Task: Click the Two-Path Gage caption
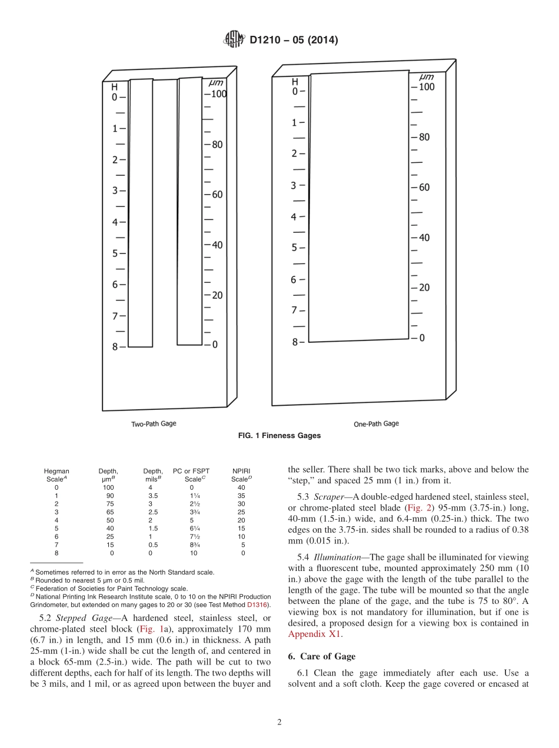(x=154, y=423)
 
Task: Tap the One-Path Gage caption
(x=376, y=423)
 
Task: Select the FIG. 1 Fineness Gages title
(x=279, y=436)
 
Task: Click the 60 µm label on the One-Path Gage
(x=424, y=188)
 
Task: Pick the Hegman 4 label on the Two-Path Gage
(x=115, y=222)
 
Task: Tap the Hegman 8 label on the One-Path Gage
(x=295, y=342)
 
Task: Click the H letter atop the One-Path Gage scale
(x=295, y=82)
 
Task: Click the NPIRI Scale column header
(x=241, y=475)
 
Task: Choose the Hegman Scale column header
(x=56, y=475)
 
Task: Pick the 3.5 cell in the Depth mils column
(x=153, y=496)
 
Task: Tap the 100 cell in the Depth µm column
(x=108, y=487)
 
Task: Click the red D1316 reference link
(x=258, y=605)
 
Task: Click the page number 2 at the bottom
(x=279, y=722)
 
